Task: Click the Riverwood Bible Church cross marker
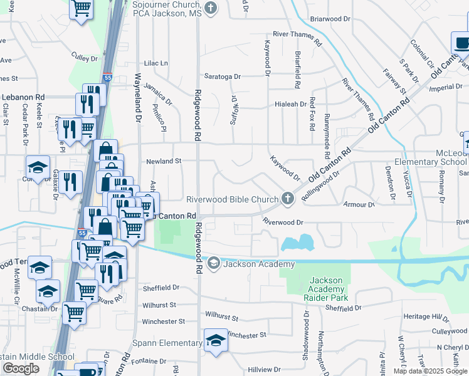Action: (288, 199)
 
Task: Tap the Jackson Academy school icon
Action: (214, 263)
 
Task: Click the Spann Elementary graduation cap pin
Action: (216, 340)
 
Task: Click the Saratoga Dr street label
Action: (218, 76)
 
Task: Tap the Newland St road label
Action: (163, 161)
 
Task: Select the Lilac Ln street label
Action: (156, 63)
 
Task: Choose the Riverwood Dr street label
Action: (283, 222)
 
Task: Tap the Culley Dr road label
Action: (85, 58)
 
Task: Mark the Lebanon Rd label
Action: (23, 98)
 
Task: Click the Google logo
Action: (21, 368)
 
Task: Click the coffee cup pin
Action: (461, 43)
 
